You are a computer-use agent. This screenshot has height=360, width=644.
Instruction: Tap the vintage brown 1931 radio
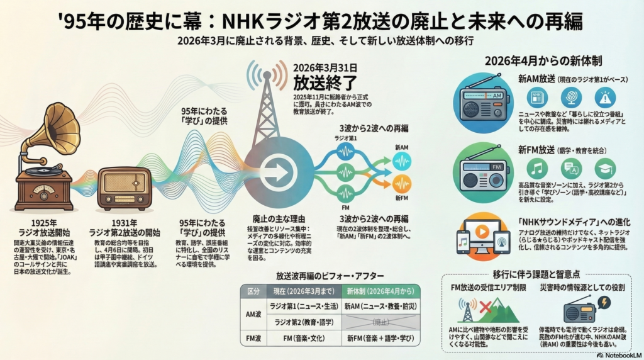click(x=124, y=188)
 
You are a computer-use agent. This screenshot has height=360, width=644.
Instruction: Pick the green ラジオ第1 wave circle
click(x=345, y=151)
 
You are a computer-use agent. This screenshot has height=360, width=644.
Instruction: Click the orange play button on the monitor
click(x=482, y=232)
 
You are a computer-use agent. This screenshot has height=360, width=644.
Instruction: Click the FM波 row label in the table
click(x=252, y=339)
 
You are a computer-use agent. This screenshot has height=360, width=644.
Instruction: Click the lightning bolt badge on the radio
click(x=604, y=303)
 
